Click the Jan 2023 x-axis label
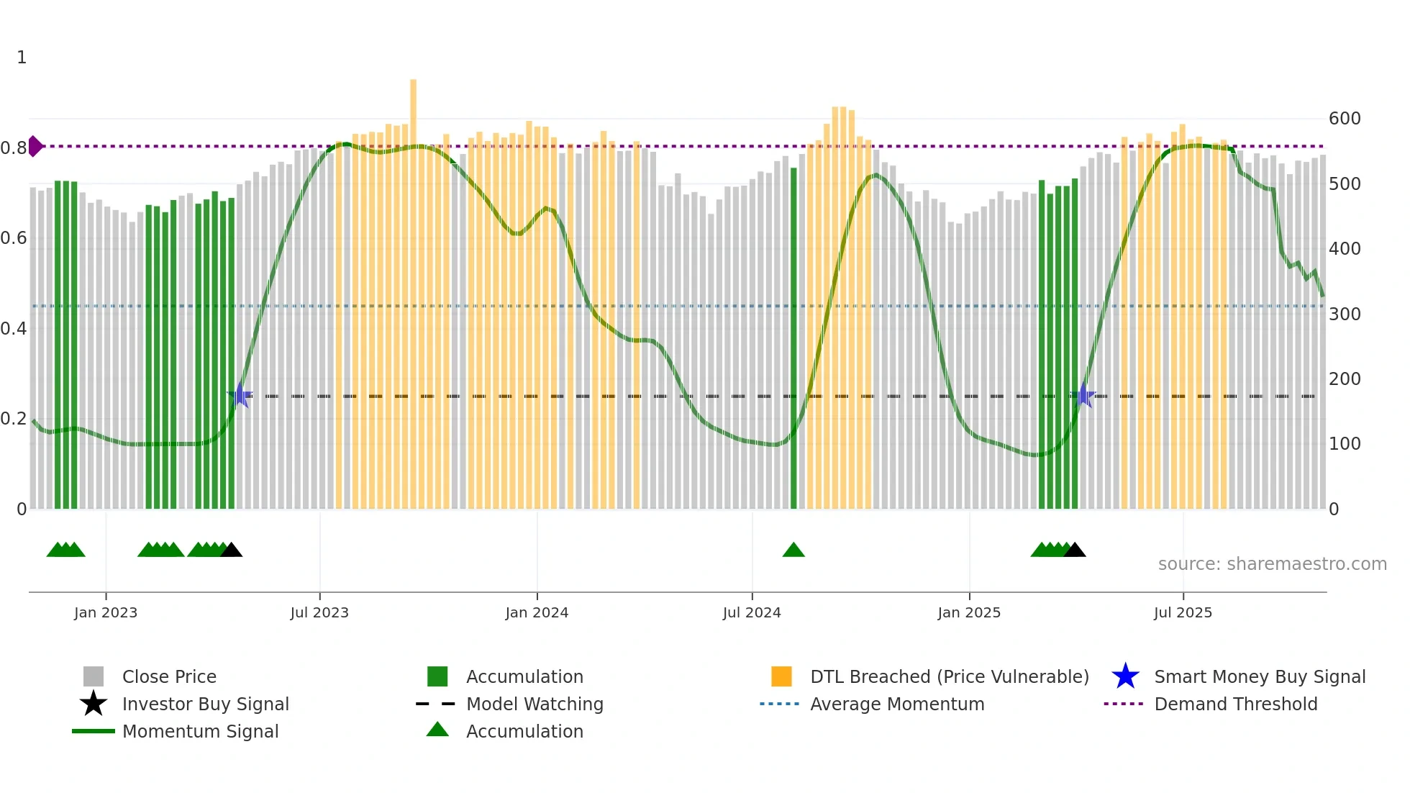pyautogui.click(x=105, y=612)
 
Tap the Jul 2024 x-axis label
pyautogui.click(x=751, y=612)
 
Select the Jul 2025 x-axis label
pyautogui.click(x=1183, y=612)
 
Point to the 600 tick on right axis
pyautogui.click(x=1344, y=119)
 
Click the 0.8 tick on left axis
pyautogui.click(x=14, y=148)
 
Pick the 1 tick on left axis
pyautogui.click(x=22, y=58)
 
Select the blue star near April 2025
pyautogui.click(x=1084, y=396)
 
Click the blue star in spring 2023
pyautogui.click(x=240, y=396)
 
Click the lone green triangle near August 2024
pyautogui.click(x=793, y=550)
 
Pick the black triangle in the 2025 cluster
pyautogui.click(x=1074, y=550)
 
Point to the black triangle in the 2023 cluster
pyautogui.click(x=231, y=550)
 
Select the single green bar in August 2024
pyautogui.click(x=793, y=338)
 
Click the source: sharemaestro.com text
pyautogui.click(x=1272, y=564)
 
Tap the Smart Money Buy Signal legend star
pyautogui.click(x=1125, y=676)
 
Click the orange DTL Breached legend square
pyautogui.click(x=781, y=676)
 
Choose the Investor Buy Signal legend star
pyautogui.click(x=94, y=704)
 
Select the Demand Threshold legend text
pyautogui.click(x=1235, y=704)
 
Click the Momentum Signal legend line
pyautogui.click(x=94, y=731)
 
